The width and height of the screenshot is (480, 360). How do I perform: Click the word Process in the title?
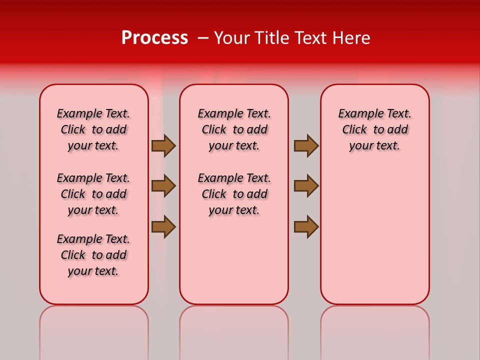point(154,38)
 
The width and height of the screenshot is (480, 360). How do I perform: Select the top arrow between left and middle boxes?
point(163,145)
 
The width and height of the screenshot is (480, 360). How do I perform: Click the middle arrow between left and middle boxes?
point(163,186)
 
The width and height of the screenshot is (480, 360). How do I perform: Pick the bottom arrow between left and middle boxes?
point(163,226)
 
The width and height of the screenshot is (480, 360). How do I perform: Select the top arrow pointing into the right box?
point(306,145)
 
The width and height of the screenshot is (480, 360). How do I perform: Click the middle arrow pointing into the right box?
point(306,186)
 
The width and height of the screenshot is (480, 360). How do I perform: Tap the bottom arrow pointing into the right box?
point(306,226)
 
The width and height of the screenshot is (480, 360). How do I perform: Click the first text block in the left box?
point(93,129)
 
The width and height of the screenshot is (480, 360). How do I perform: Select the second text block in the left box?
point(93,194)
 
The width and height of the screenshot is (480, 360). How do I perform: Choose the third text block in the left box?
point(93,255)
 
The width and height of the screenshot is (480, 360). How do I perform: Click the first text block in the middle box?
point(234,129)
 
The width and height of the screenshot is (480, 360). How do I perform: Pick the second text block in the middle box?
point(234,194)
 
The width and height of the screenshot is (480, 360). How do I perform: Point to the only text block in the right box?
point(374,129)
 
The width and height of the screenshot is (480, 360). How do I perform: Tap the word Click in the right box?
point(354,129)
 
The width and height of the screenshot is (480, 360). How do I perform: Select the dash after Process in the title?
point(203,38)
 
